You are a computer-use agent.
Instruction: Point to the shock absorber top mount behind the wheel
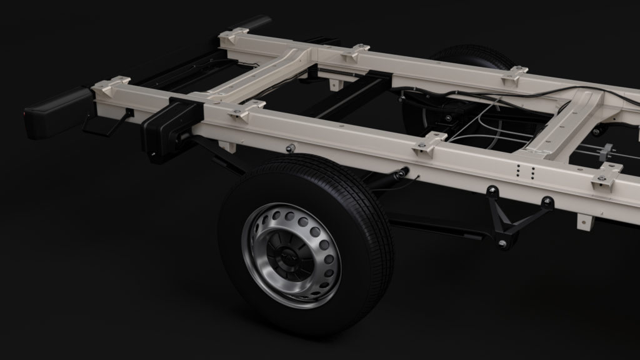coord(400,172)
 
